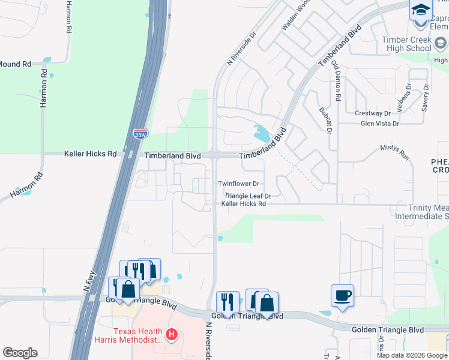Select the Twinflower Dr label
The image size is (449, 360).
[238, 184]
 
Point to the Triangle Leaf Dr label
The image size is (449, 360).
[248, 196]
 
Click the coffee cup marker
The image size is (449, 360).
[342, 295]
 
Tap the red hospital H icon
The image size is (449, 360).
[172, 334]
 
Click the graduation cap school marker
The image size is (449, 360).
[421, 10]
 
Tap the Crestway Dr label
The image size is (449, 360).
[372, 113]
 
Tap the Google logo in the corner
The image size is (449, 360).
[20, 353]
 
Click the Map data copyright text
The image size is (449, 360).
[412, 355]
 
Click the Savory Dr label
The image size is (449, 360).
[426, 96]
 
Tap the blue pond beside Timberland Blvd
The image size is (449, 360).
[262, 133]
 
